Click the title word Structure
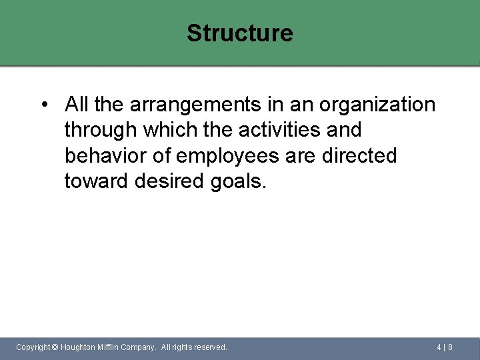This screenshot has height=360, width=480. (239, 33)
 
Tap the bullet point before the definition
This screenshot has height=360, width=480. (43, 105)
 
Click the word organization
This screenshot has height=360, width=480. (377, 105)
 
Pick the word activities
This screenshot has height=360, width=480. (257, 130)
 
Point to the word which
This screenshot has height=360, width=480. (165, 130)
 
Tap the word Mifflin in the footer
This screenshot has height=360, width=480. (111, 347)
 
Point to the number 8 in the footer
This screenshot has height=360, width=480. (451, 347)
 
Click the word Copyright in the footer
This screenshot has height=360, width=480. (33, 347)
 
